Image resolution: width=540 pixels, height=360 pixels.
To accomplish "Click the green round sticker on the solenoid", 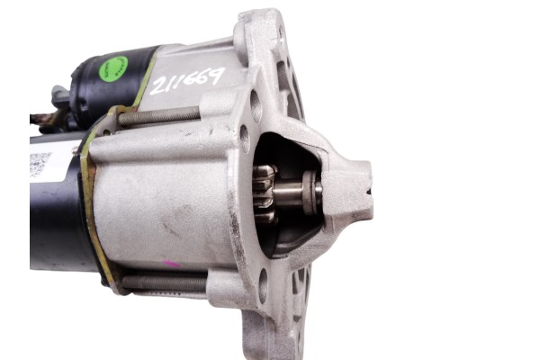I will tap(113, 67).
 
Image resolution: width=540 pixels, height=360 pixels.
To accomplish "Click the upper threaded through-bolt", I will tap(157, 116).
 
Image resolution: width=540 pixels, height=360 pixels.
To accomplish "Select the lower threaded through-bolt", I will tap(162, 283).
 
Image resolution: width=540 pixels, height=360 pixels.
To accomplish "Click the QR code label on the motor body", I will tap(40, 165).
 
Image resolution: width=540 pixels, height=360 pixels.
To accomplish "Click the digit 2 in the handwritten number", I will tap(161, 85).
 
